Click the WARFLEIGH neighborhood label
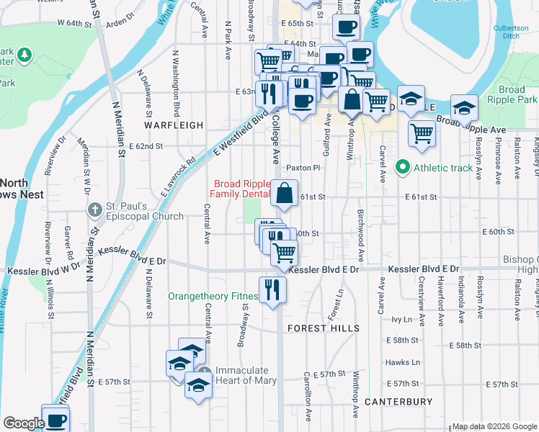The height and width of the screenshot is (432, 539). coord(174,125)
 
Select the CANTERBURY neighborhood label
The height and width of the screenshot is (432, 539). coord(398,402)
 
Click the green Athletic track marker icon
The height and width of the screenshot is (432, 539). coord(403,169)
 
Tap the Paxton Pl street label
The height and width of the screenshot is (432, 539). coord(303,168)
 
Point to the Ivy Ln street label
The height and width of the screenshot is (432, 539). coord(401,319)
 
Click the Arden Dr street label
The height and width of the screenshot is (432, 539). coord(120,23)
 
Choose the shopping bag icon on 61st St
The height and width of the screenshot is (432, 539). coord(285,192)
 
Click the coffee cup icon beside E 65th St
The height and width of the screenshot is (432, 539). coord(346,27)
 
